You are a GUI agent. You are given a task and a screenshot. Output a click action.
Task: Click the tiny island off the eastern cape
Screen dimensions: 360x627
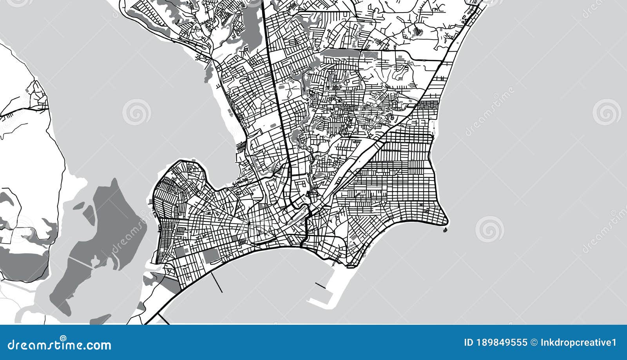point(446,230)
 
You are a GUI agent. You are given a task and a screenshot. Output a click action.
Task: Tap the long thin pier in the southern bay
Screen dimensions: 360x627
point(217,282)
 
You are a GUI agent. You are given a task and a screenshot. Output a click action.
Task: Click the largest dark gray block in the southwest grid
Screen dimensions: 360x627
point(210,256)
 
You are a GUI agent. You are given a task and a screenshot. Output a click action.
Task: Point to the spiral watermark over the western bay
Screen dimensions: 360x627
point(136,112)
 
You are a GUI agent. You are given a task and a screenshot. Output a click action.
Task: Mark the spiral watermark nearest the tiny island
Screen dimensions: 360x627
point(489,229)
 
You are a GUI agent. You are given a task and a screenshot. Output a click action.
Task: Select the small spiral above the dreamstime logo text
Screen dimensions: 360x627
point(63,337)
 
